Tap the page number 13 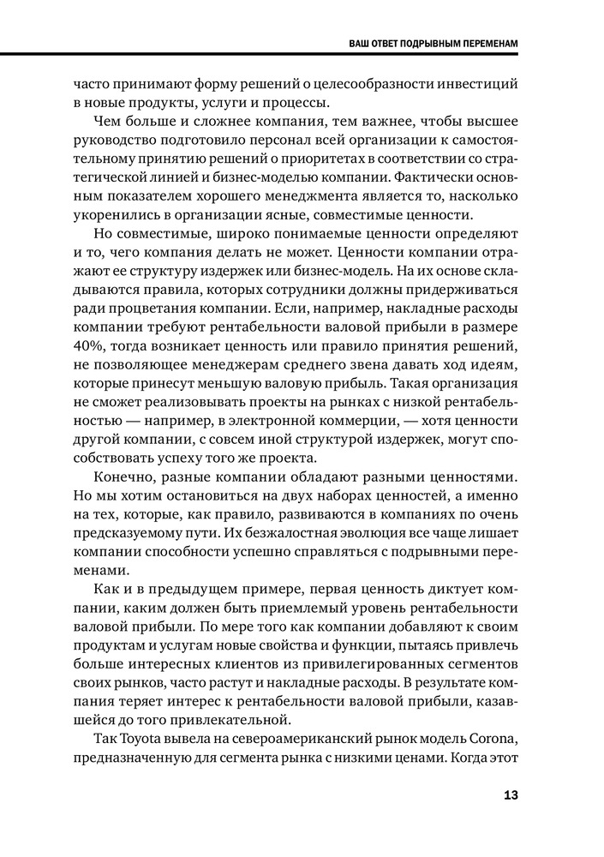(x=509, y=794)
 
